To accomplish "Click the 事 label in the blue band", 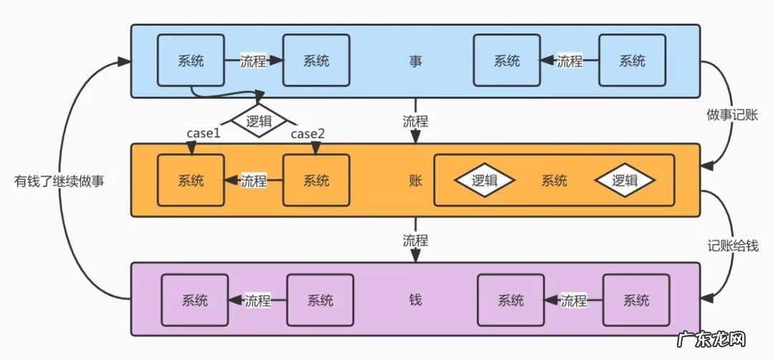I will (x=415, y=62).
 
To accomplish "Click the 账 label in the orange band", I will (x=415, y=180).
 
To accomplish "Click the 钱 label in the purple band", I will (x=415, y=300).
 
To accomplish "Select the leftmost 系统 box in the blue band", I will (x=190, y=61).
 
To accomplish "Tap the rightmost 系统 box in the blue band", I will (x=632, y=61).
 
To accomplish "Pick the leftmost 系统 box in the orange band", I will (x=190, y=180).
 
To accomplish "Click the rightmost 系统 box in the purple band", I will (x=636, y=300).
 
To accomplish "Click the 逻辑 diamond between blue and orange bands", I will (x=258, y=122).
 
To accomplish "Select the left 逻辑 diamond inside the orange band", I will (x=485, y=180).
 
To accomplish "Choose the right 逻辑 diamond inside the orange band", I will (x=625, y=180).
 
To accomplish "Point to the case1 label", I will (x=204, y=134).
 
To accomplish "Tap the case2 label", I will (x=308, y=134).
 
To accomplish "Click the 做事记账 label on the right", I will (x=731, y=115).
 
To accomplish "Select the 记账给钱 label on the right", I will (x=731, y=245).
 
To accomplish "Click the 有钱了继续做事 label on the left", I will (x=59, y=180).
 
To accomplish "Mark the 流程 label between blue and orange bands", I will (x=415, y=121).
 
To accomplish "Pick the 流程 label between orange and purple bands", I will (x=415, y=240).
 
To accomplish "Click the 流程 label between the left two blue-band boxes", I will (x=253, y=62).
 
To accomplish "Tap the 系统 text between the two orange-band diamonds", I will (x=554, y=180).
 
